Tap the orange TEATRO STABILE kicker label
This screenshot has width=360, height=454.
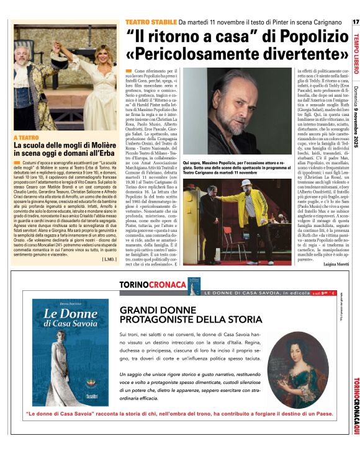click(x=150, y=22)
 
